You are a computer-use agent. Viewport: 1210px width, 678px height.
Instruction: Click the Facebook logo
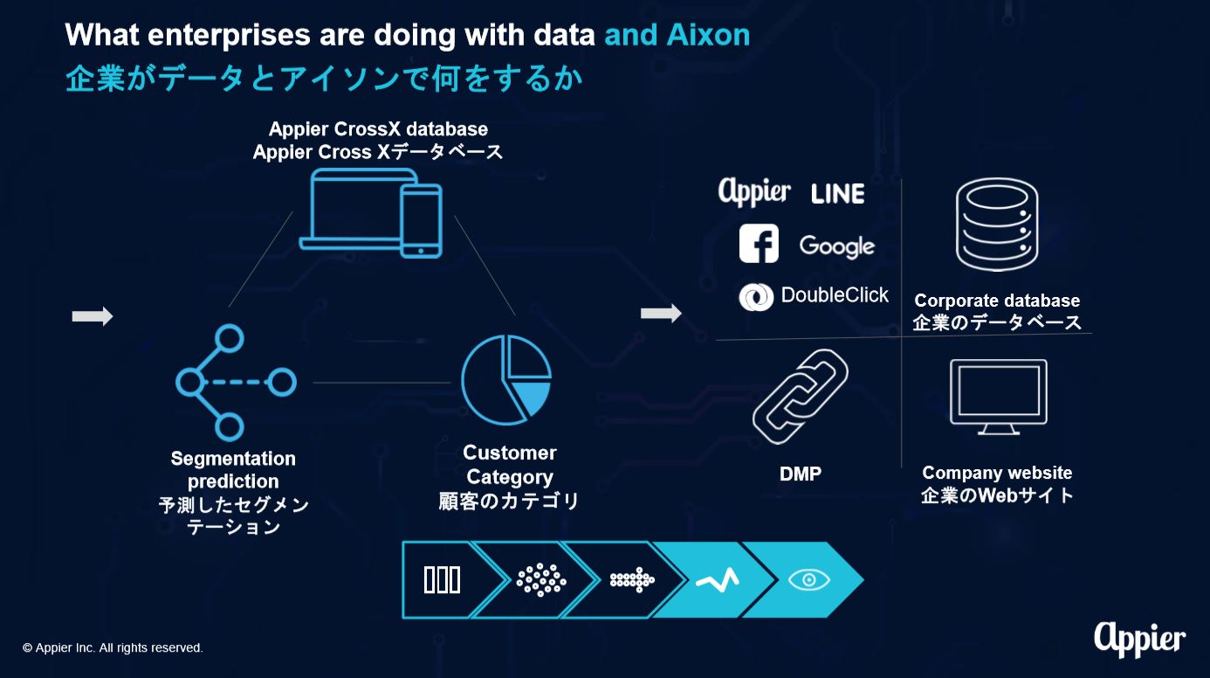[759, 243]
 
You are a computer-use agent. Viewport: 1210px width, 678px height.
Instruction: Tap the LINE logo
[838, 194]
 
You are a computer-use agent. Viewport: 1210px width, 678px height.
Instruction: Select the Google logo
[836, 246]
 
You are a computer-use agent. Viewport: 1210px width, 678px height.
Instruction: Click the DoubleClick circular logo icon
[756, 297]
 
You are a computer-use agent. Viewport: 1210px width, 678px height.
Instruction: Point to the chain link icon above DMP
[800, 397]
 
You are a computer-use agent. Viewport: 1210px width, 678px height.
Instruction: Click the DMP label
[800, 474]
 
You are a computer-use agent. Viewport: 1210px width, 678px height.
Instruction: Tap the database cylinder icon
[997, 224]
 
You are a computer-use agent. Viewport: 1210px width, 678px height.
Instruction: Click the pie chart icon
[506, 379]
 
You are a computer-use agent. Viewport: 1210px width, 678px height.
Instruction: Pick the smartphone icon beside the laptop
[422, 220]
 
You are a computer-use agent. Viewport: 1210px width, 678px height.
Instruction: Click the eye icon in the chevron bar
[808, 580]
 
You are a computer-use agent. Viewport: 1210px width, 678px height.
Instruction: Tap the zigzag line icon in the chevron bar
[718, 580]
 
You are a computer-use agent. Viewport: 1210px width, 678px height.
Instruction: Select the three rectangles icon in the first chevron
[442, 580]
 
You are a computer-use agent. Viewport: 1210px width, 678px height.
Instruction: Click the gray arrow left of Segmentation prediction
[93, 316]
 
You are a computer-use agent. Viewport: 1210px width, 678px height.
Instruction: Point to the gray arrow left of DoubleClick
[661, 313]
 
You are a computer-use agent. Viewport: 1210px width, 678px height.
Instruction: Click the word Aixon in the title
[708, 35]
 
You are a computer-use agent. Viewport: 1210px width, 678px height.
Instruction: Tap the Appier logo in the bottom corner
[1140, 640]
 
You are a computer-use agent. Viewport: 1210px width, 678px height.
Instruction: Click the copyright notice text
[113, 647]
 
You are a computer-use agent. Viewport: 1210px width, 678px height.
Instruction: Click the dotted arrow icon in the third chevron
[632, 580]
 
